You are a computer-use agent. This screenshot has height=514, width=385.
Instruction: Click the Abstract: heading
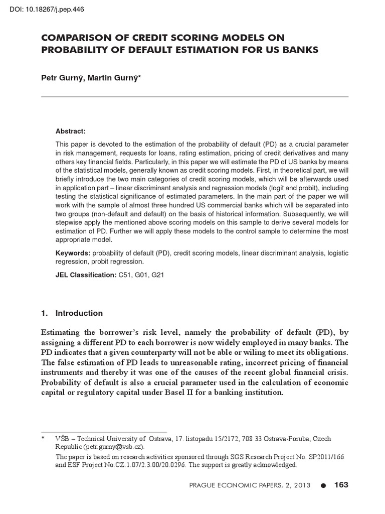click(x=71, y=131)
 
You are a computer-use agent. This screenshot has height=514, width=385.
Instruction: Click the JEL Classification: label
click(x=86, y=275)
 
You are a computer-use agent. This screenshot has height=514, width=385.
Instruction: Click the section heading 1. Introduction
click(x=72, y=313)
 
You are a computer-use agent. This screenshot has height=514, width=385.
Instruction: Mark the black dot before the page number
click(x=323, y=485)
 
